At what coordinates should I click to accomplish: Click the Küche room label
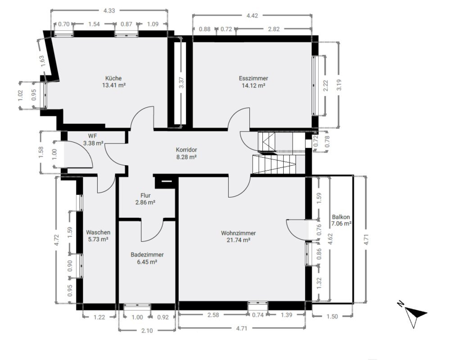113,78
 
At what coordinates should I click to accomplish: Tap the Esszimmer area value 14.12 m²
253,85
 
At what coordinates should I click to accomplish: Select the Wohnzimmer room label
238,233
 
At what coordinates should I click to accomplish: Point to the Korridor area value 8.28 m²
186,157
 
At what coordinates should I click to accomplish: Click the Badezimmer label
147,255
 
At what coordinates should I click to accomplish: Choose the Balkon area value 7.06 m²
341,224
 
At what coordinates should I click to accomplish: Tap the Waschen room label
98,232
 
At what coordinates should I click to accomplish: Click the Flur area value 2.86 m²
145,202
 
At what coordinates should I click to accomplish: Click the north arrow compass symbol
415,314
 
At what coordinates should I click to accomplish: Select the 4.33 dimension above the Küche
109,10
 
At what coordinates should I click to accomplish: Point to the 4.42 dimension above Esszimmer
252,16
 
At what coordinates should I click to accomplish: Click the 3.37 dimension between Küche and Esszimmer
181,82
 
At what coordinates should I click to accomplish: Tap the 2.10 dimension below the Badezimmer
147,330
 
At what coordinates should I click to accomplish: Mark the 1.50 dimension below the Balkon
332,316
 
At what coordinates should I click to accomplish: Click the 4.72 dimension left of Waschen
57,240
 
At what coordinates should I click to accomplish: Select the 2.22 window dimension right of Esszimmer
326,86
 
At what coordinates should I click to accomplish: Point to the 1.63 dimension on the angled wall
42,61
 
